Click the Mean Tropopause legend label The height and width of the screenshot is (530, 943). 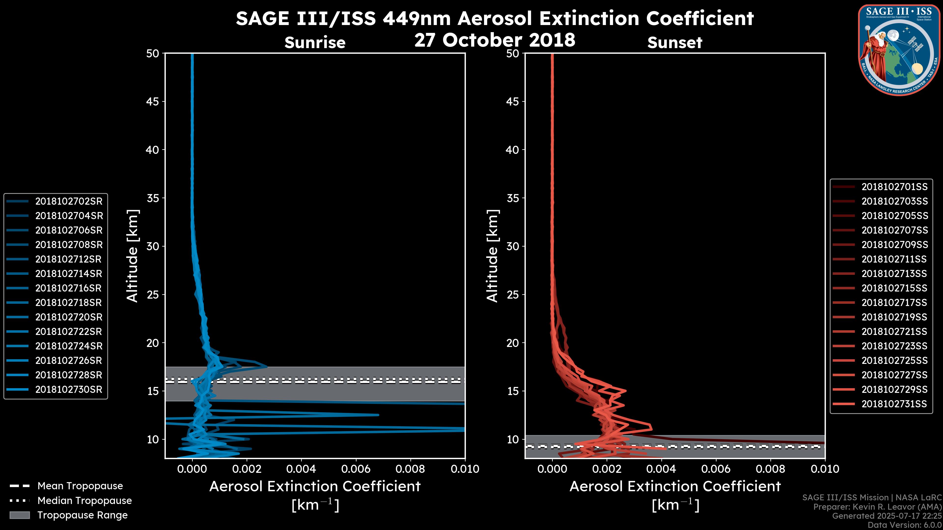pyautogui.click(x=80, y=486)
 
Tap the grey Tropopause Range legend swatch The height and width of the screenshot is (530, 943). pyautogui.click(x=20, y=515)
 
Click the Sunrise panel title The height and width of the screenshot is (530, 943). pyautogui.click(x=315, y=43)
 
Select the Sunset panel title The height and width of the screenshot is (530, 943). pyautogui.click(x=675, y=43)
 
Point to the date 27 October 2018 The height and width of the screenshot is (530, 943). pyautogui.click(x=495, y=40)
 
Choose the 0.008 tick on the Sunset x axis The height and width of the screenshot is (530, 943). pyautogui.click(x=771, y=469)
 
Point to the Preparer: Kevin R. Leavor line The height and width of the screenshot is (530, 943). pyautogui.click(x=877, y=507)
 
